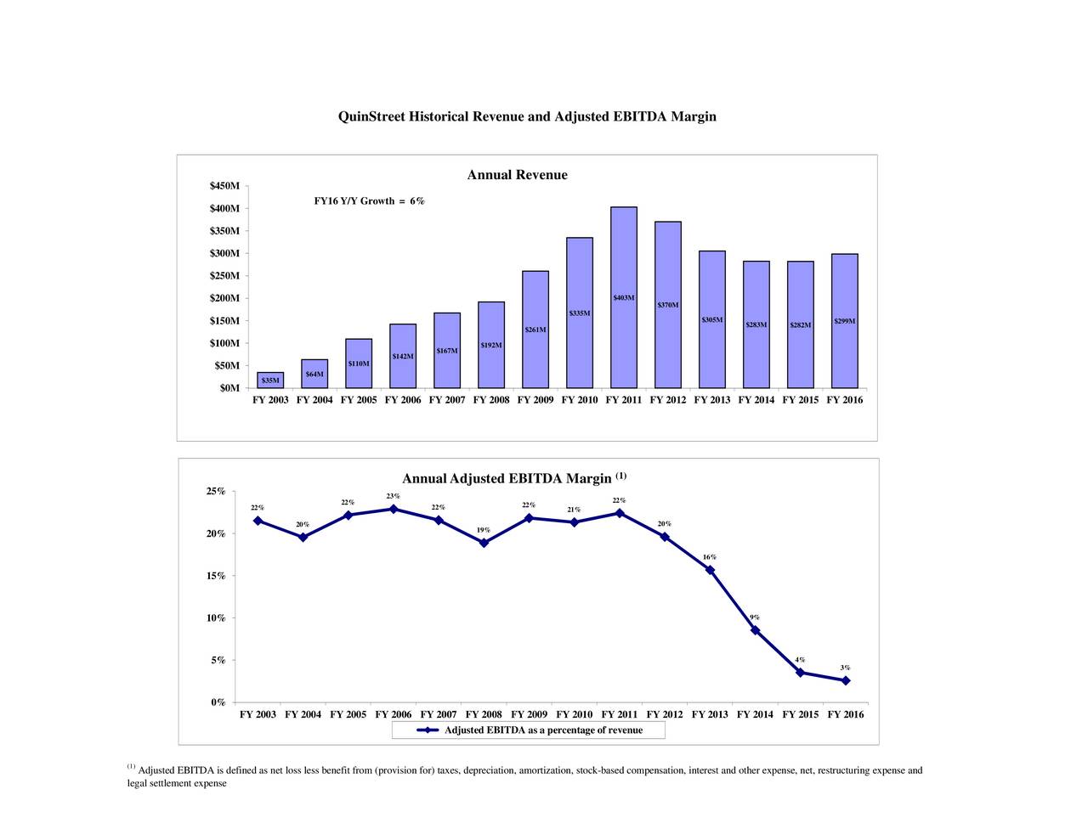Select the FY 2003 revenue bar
270,380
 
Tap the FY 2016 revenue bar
845,321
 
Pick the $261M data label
535,330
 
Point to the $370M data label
668,305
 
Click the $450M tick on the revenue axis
225,187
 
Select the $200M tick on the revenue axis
225,298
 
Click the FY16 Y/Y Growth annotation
369,201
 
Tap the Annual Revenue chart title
517,175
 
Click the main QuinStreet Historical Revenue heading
527,116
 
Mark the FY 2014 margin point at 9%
755,630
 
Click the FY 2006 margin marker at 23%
394,509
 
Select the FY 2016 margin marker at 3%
846,680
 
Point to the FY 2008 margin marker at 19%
484,543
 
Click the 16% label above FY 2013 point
709,557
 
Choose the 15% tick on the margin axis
216,576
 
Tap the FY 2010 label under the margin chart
575,714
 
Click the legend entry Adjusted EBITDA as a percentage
542,730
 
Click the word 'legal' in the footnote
138,783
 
